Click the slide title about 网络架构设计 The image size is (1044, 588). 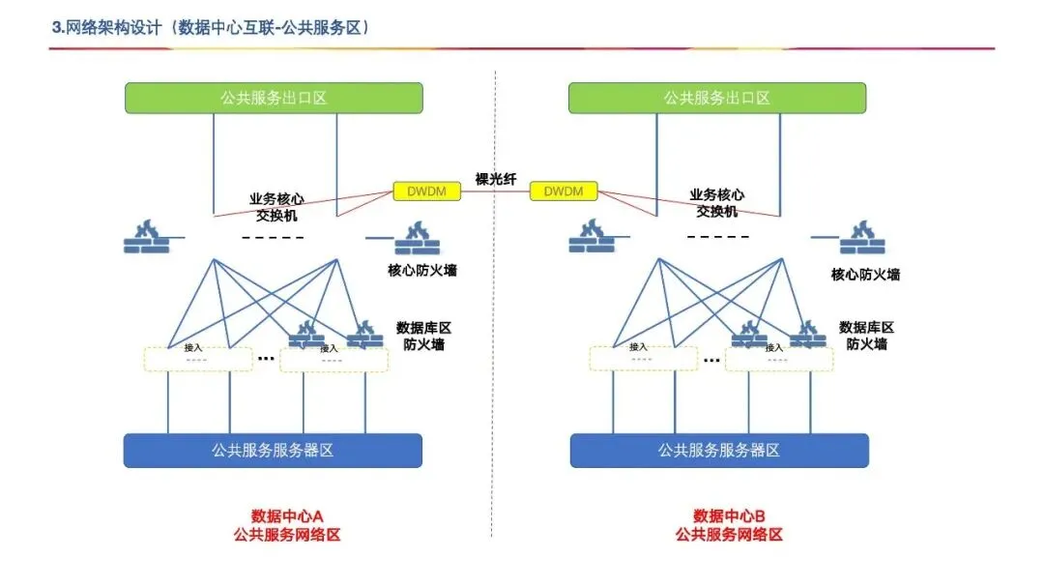[x=212, y=28]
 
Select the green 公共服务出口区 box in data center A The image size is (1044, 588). [x=274, y=98]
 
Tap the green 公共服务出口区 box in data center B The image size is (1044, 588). [x=716, y=98]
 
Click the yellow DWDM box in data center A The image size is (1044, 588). [x=426, y=191]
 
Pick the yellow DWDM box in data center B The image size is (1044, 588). [x=564, y=191]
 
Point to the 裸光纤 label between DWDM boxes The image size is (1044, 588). [x=496, y=179]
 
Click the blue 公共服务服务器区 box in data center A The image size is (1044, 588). [x=274, y=450]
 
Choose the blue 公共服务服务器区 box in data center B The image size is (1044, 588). [x=719, y=450]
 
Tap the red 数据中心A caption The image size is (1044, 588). [x=286, y=515]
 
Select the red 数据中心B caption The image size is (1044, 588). [x=729, y=515]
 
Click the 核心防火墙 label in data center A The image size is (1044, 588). [x=422, y=271]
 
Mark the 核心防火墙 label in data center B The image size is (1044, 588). [x=865, y=275]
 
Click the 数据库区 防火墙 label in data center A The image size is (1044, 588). [x=422, y=336]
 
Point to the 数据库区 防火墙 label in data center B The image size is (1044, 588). [x=866, y=336]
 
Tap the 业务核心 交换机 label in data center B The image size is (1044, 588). [x=717, y=203]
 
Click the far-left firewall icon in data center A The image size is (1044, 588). [x=145, y=237]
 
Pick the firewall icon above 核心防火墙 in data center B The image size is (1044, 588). [x=861, y=238]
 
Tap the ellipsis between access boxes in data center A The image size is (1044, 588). [x=266, y=359]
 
